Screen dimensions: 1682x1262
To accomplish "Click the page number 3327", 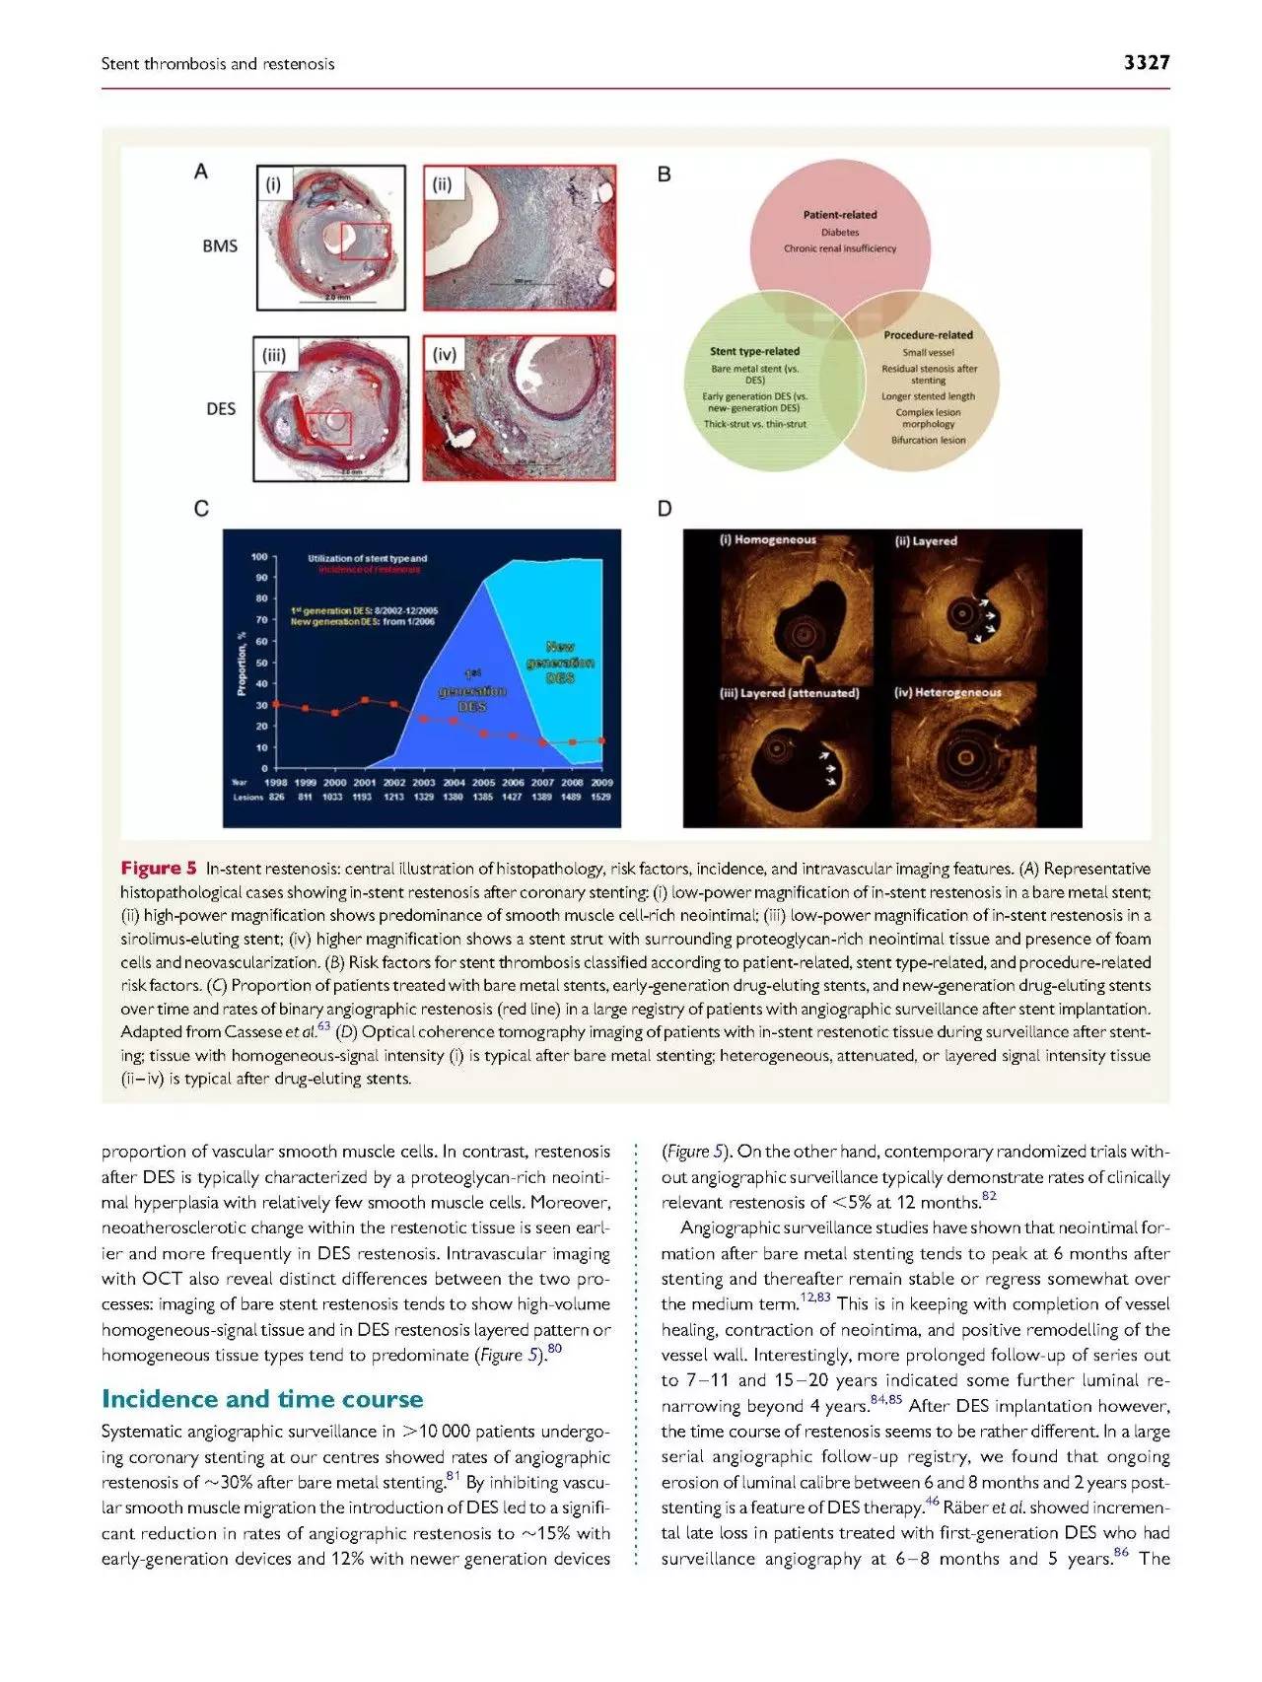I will click(1146, 63).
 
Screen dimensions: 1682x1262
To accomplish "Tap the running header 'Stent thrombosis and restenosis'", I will click(218, 64).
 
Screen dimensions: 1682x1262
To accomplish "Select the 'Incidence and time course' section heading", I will click(262, 1399).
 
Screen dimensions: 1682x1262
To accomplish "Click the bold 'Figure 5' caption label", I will click(159, 869).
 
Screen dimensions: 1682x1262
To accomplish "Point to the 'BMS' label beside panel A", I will click(220, 245).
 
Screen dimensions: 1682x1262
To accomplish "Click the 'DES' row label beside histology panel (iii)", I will click(221, 408).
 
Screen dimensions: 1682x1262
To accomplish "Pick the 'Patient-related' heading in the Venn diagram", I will click(840, 214).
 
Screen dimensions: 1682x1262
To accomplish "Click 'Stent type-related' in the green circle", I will click(755, 351).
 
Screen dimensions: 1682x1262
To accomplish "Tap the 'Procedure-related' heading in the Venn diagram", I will click(928, 335).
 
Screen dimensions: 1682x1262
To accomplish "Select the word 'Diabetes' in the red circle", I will click(840, 232).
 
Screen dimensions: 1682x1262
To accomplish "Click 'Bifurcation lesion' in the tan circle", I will click(929, 440).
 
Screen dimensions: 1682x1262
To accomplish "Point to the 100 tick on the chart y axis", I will click(259, 557).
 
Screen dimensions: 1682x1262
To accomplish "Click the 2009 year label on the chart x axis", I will click(601, 782).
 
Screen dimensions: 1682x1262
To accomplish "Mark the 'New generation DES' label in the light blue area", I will click(560, 663).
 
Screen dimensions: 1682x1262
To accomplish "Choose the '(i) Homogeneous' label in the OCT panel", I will click(768, 540).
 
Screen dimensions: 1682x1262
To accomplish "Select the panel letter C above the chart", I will click(201, 509).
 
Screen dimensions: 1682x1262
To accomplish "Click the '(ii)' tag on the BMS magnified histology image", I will click(443, 184).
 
